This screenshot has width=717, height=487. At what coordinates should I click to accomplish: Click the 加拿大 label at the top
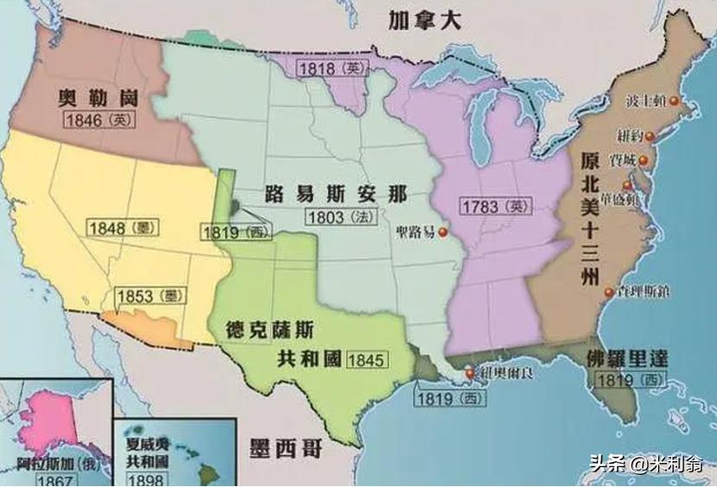tap(412, 21)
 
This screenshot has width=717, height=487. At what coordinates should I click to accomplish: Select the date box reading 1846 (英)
tap(97, 121)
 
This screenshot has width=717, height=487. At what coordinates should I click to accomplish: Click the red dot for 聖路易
tap(443, 231)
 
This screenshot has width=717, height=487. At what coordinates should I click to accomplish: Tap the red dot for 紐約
tap(650, 135)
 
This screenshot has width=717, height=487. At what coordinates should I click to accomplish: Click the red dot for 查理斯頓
tap(609, 292)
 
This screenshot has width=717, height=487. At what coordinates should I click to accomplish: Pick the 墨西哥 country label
tap(289, 447)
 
